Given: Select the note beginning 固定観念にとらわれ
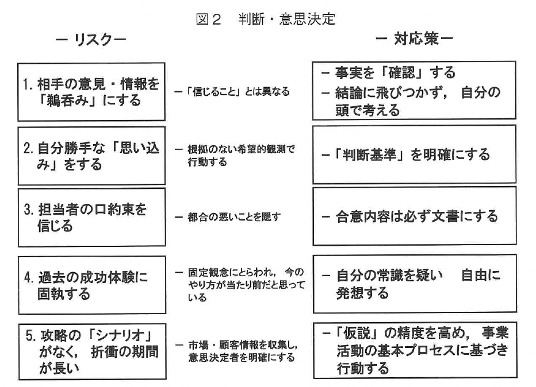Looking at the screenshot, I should [x=242, y=284].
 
